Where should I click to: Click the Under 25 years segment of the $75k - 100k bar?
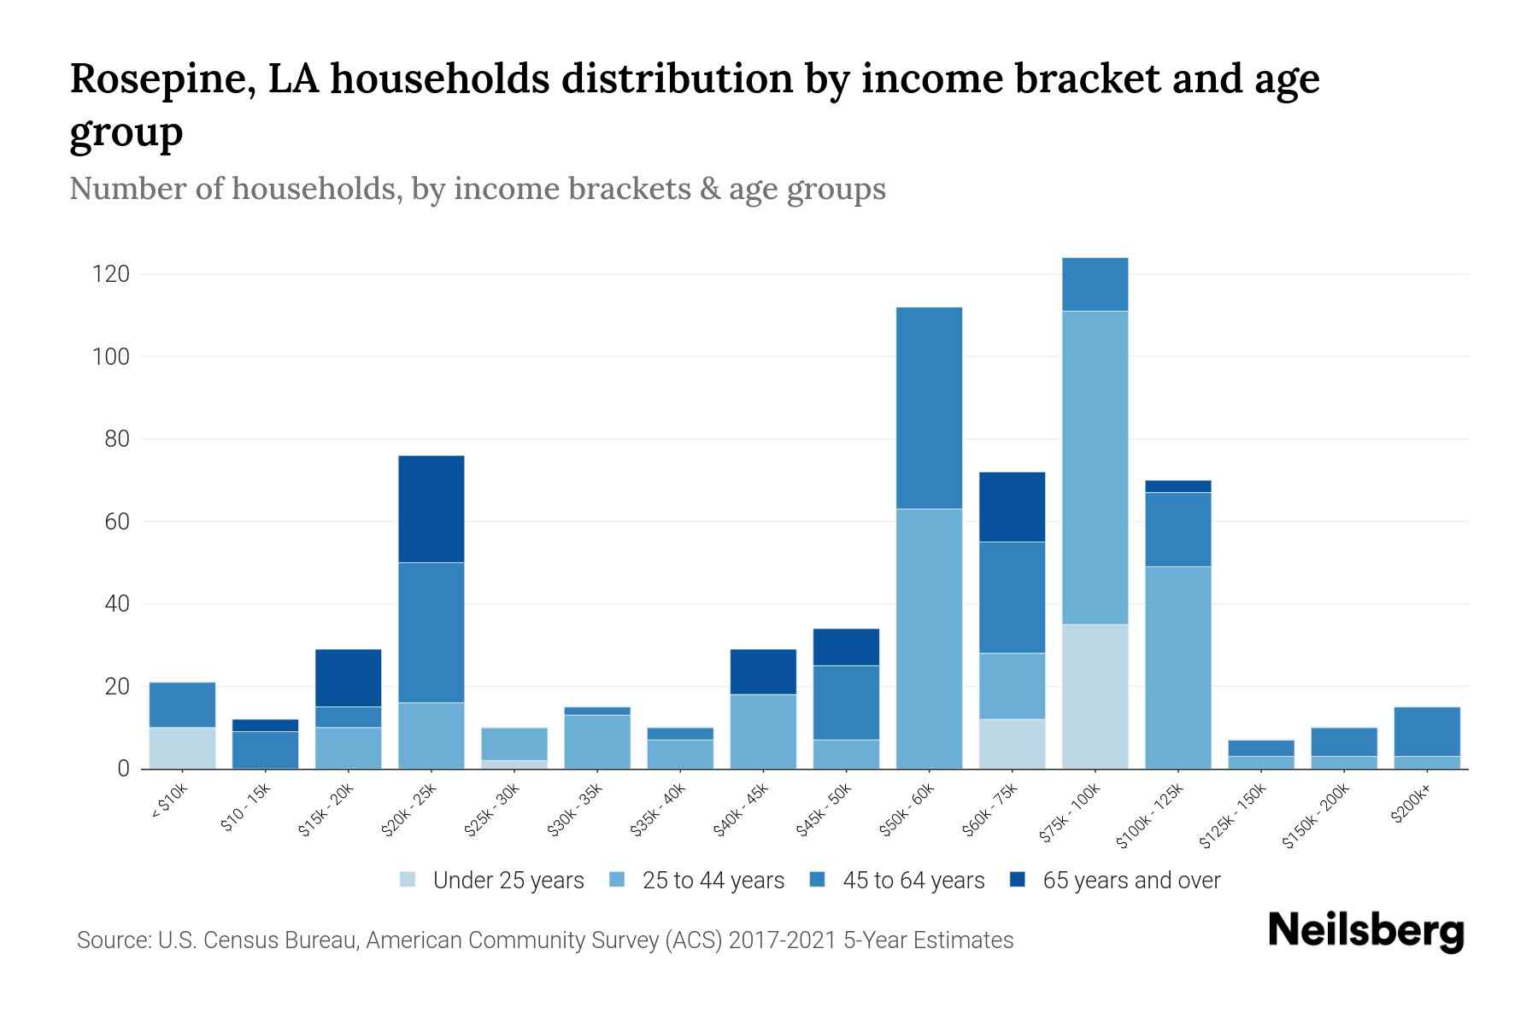pyautogui.click(x=1095, y=696)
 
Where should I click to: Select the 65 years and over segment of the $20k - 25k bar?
pyautogui.click(x=431, y=509)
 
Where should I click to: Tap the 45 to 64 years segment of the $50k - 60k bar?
pyautogui.click(x=929, y=407)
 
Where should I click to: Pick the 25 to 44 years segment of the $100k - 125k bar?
pyautogui.click(x=1177, y=667)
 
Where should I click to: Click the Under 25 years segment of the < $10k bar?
pyautogui.click(x=182, y=747)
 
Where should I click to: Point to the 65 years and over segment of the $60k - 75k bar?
pyautogui.click(x=1012, y=507)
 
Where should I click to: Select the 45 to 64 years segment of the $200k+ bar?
pyautogui.click(x=1427, y=731)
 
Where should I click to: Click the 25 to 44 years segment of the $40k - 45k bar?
pyautogui.click(x=763, y=731)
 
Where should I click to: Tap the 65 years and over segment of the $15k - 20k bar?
pyautogui.click(x=349, y=677)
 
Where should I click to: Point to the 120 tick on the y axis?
pyautogui.click(x=111, y=274)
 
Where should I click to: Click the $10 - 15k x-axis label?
pyautogui.click(x=245, y=807)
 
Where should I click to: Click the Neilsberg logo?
pyautogui.click(x=1365, y=931)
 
